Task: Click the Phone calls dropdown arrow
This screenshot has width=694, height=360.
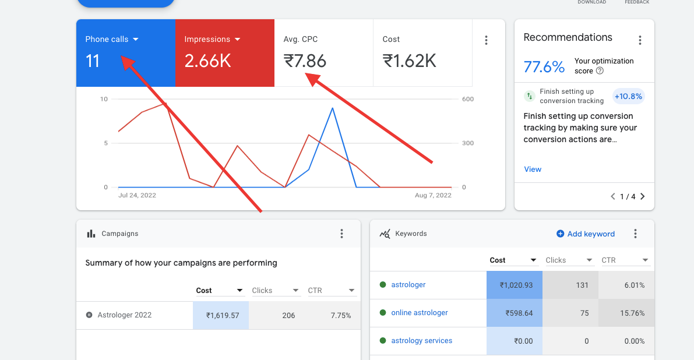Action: click(x=135, y=40)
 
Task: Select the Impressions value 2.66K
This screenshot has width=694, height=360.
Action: click(x=207, y=61)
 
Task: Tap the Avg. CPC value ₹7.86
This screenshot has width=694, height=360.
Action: click(x=305, y=61)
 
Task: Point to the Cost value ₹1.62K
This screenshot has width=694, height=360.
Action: click(x=410, y=61)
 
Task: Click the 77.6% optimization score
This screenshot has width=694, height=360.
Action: click(x=544, y=67)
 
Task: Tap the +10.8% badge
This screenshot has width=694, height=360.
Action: click(x=628, y=97)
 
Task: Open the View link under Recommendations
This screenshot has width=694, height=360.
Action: click(x=533, y=170)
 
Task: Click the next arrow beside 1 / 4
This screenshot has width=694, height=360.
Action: click(x=643, y=196)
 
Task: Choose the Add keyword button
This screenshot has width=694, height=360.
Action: click(x=586, y=234)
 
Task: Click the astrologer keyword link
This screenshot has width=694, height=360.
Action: click(x=408, y=285)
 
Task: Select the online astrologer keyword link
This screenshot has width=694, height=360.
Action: click(x=419, y=313)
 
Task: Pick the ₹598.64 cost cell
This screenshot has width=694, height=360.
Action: click(x=515, y=313)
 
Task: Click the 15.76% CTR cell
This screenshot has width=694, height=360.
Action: click(x=626, y=313)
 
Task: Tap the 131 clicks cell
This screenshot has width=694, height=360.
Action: click(x=570, y=285)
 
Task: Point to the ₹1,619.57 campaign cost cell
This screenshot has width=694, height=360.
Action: click(x=220, y=315)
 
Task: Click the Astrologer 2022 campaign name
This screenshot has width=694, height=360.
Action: click(x=124, y=315)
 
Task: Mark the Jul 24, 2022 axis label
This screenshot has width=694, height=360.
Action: click(x=137, y=195)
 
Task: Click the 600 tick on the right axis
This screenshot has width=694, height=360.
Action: click(x=468, y=99)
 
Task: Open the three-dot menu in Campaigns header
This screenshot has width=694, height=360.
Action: click(x=341, y=234)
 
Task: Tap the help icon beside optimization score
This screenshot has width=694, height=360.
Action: click(x=600, y=70)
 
